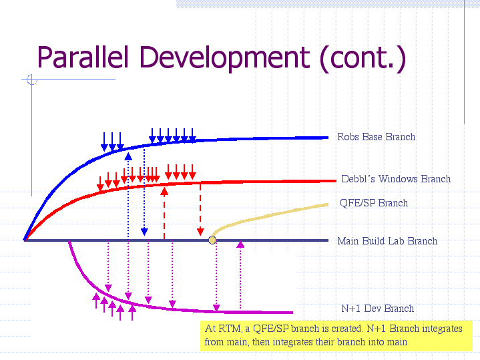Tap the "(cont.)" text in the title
[363, 58]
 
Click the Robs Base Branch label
[376, 137]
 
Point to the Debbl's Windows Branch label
[395, 179]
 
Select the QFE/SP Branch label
[373, 203]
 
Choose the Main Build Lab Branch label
[387, 241]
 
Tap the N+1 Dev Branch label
[377, 309]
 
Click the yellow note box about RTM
[337, 335]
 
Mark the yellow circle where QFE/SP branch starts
[212, 240]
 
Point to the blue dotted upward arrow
[128, 187]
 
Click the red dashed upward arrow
[164, 210]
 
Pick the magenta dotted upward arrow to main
[240, 274]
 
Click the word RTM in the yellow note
[228, 329]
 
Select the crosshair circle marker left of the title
[31, 81]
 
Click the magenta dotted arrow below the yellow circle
[216, 277]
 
